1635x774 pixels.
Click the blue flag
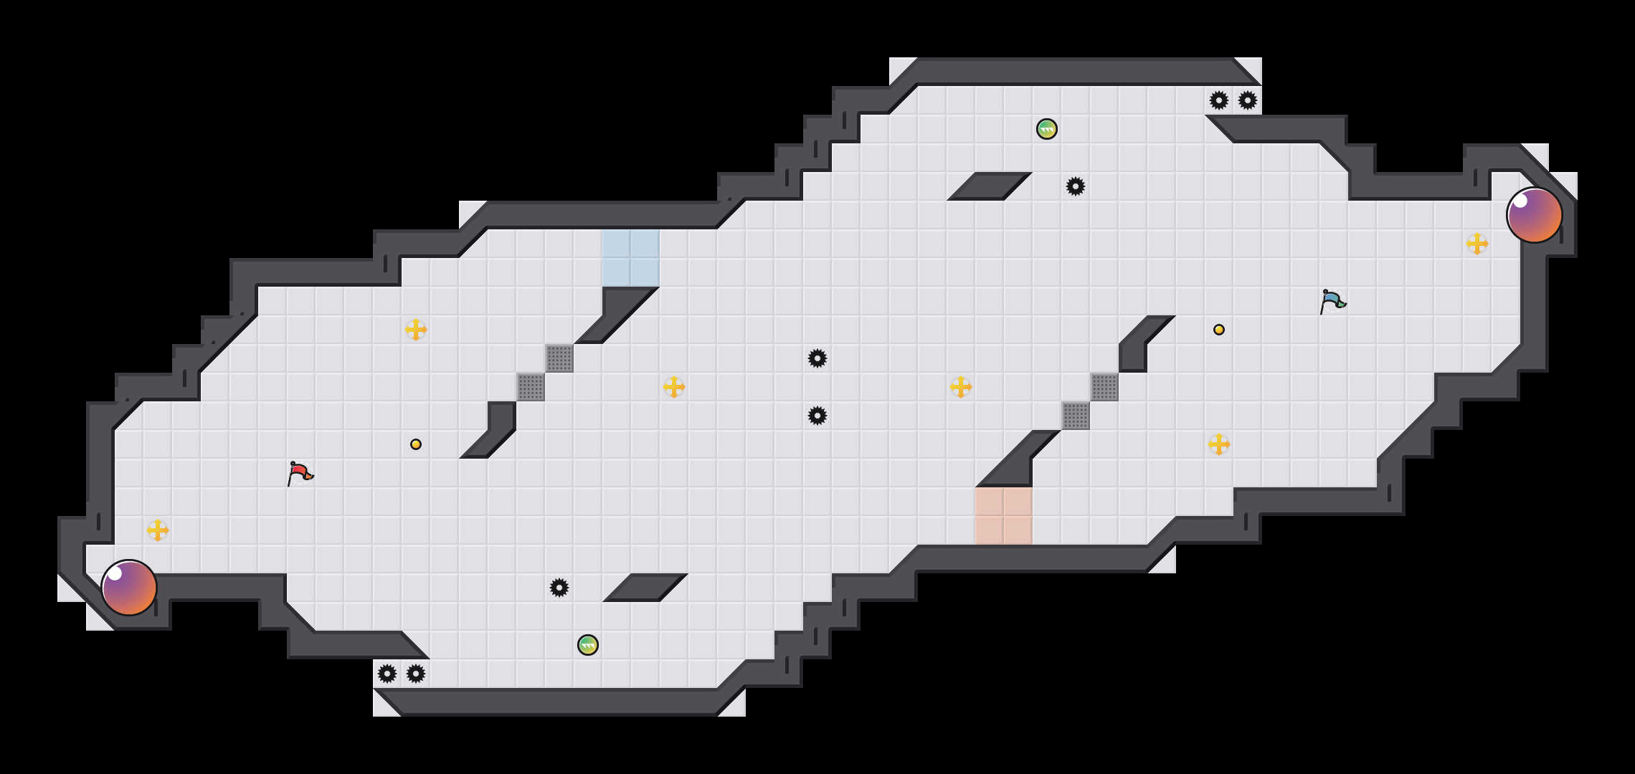1332,301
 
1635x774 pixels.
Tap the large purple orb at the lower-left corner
129,588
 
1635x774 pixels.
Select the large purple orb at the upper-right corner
1535,215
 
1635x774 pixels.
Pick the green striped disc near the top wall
1047,129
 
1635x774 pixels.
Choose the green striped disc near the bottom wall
588,645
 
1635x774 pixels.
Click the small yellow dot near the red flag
416,444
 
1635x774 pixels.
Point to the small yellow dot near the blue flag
1219,330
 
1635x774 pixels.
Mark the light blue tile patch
631,258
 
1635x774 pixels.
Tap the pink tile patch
1004,516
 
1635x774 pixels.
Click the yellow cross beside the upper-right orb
1477,244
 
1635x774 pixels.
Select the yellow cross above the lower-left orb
158,530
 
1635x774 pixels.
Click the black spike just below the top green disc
1076,186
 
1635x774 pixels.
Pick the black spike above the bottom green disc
559,588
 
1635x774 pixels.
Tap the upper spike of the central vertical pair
817,358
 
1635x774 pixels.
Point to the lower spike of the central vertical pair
817,416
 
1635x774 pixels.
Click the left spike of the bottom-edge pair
387,674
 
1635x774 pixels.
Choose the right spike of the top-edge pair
1248,100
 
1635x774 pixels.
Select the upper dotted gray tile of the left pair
559,358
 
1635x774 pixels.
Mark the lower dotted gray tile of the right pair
1076,416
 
